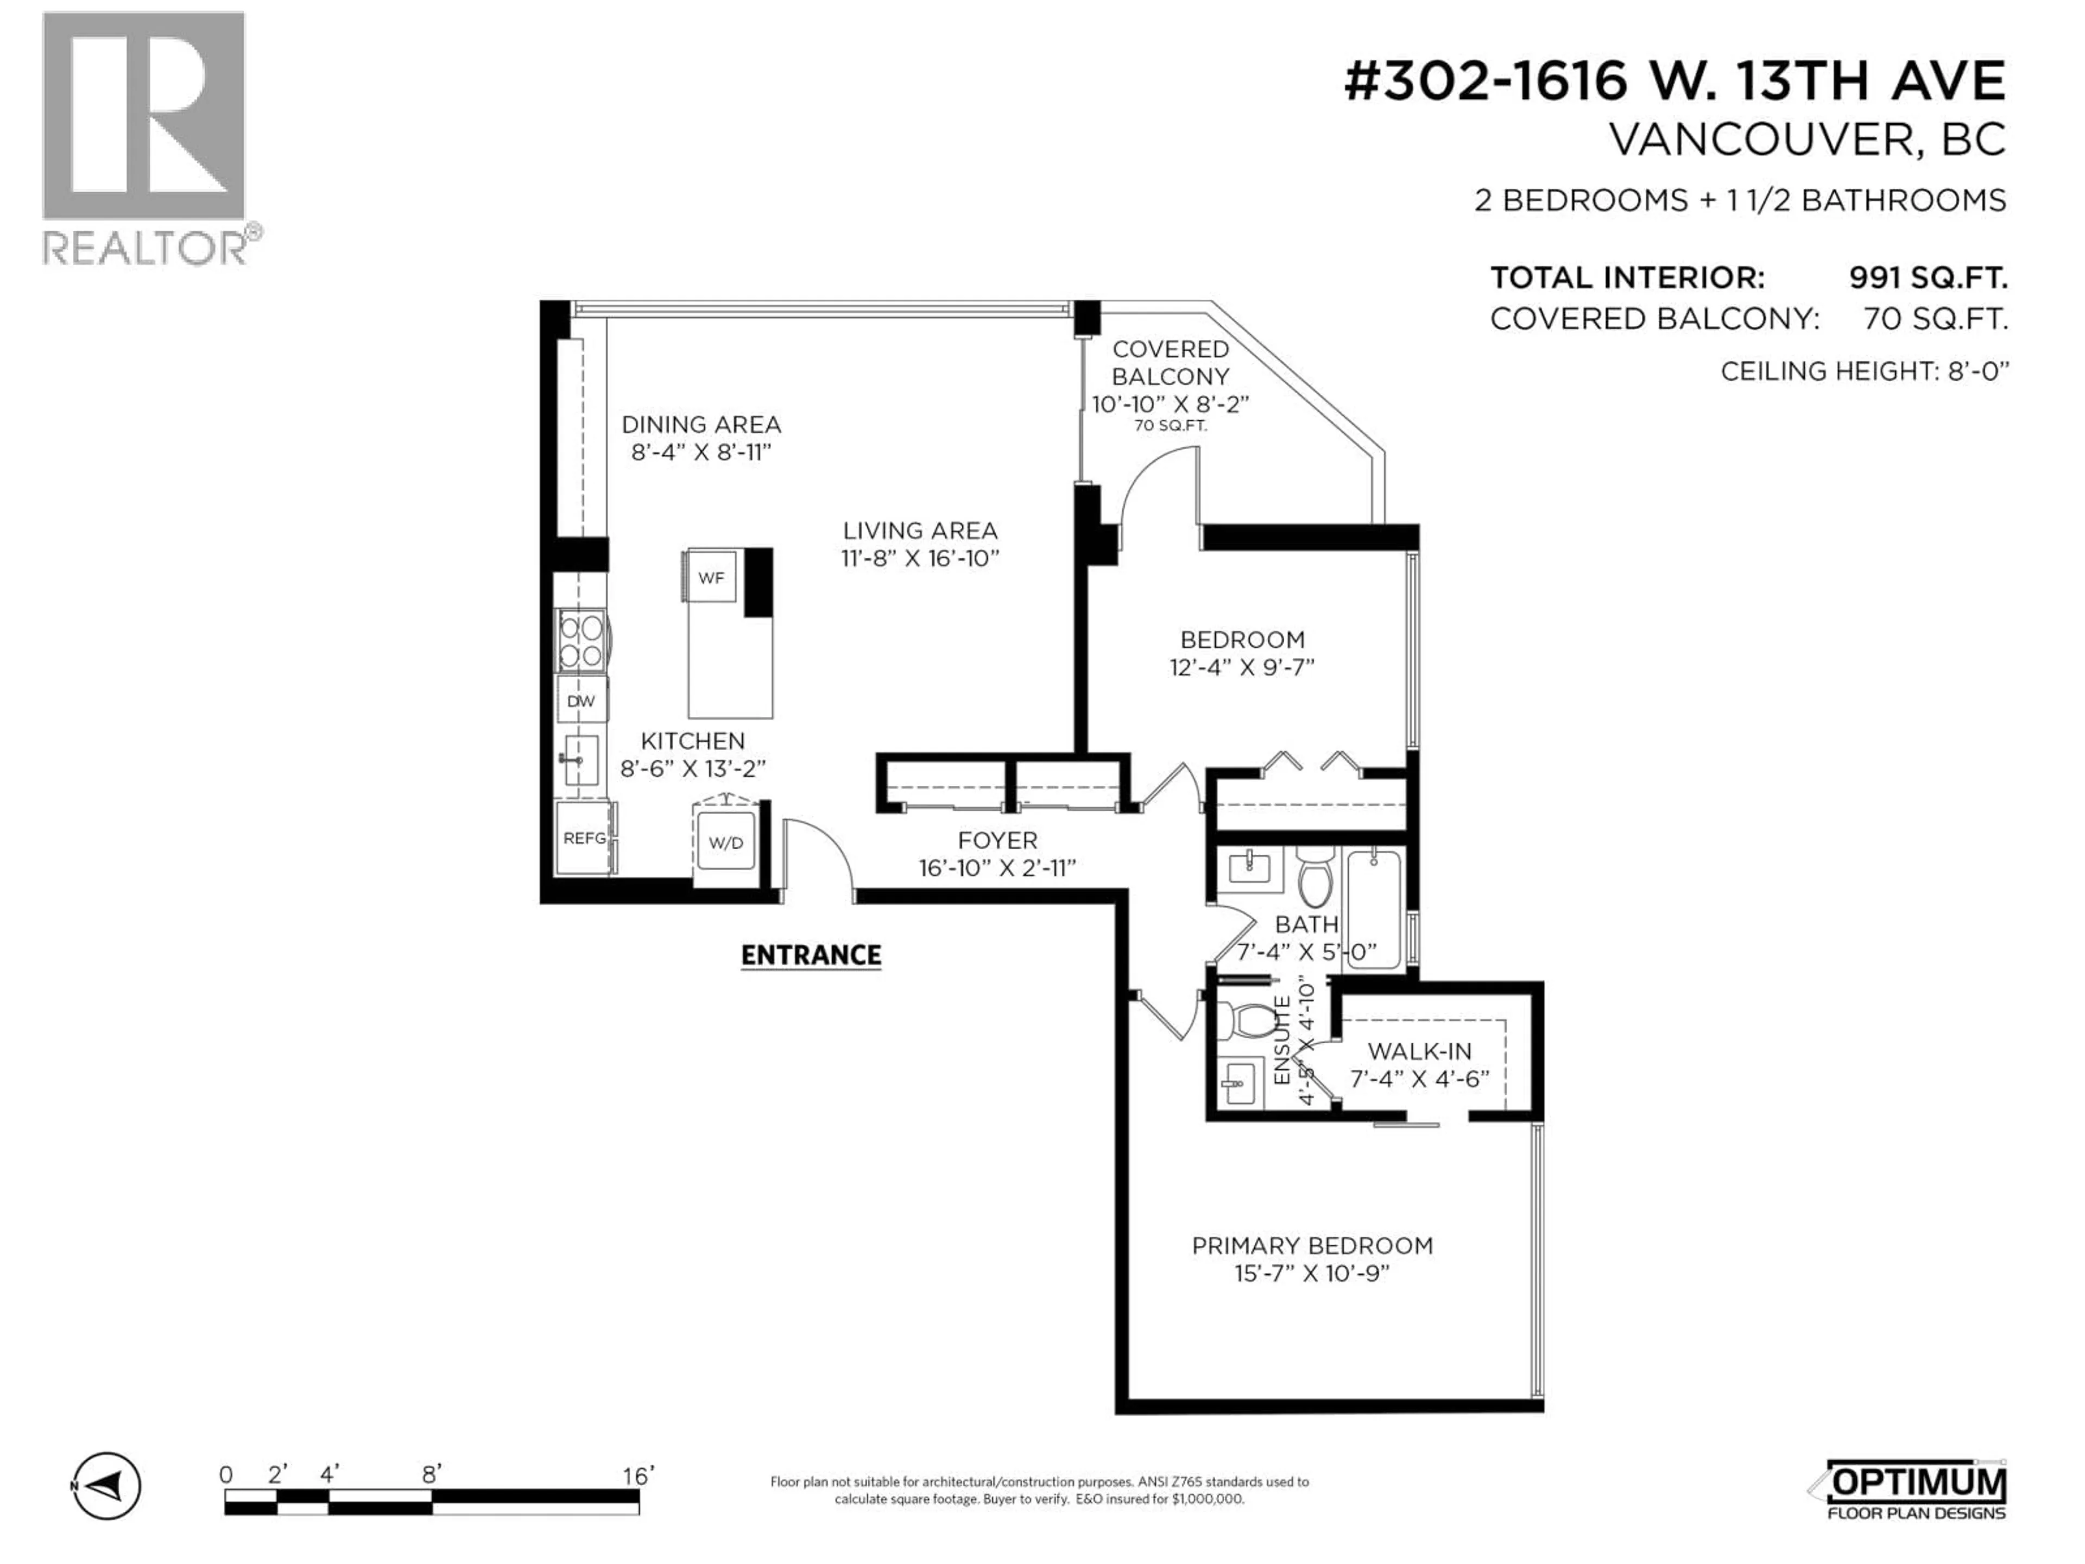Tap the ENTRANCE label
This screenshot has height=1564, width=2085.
point(811,955)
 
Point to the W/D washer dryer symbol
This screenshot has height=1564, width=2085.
point(725,842)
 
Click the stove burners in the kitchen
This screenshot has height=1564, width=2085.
point(580,640)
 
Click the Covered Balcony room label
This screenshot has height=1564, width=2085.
point(1170,363)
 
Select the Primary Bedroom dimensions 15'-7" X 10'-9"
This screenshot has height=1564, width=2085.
point(1312,1273)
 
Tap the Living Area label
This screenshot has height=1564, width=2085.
point(920,531)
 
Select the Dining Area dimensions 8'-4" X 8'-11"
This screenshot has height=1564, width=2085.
point(702,452)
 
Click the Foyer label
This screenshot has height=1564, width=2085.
point(997,840)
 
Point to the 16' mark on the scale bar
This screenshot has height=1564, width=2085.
point(638,1475)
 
